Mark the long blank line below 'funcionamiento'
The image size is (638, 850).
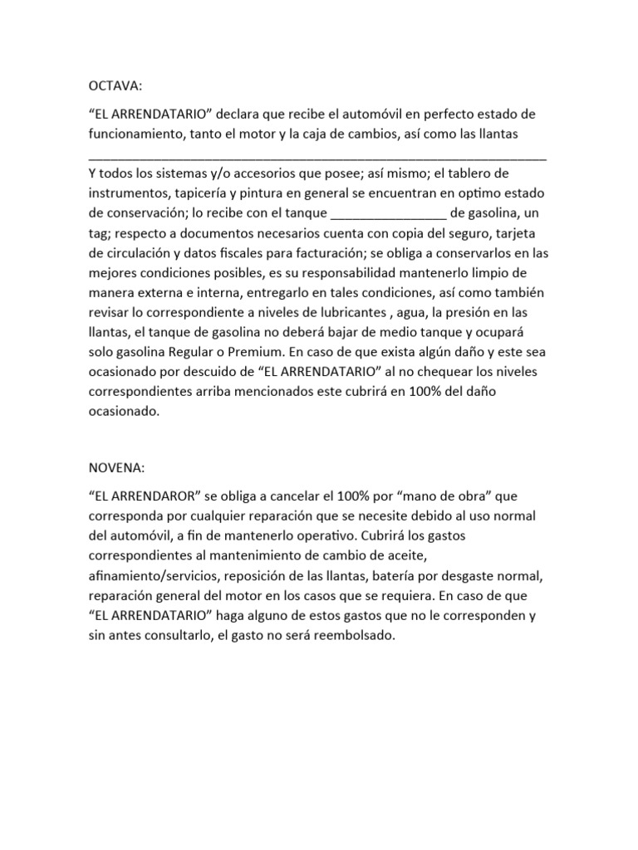click(x=317, y=154)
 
